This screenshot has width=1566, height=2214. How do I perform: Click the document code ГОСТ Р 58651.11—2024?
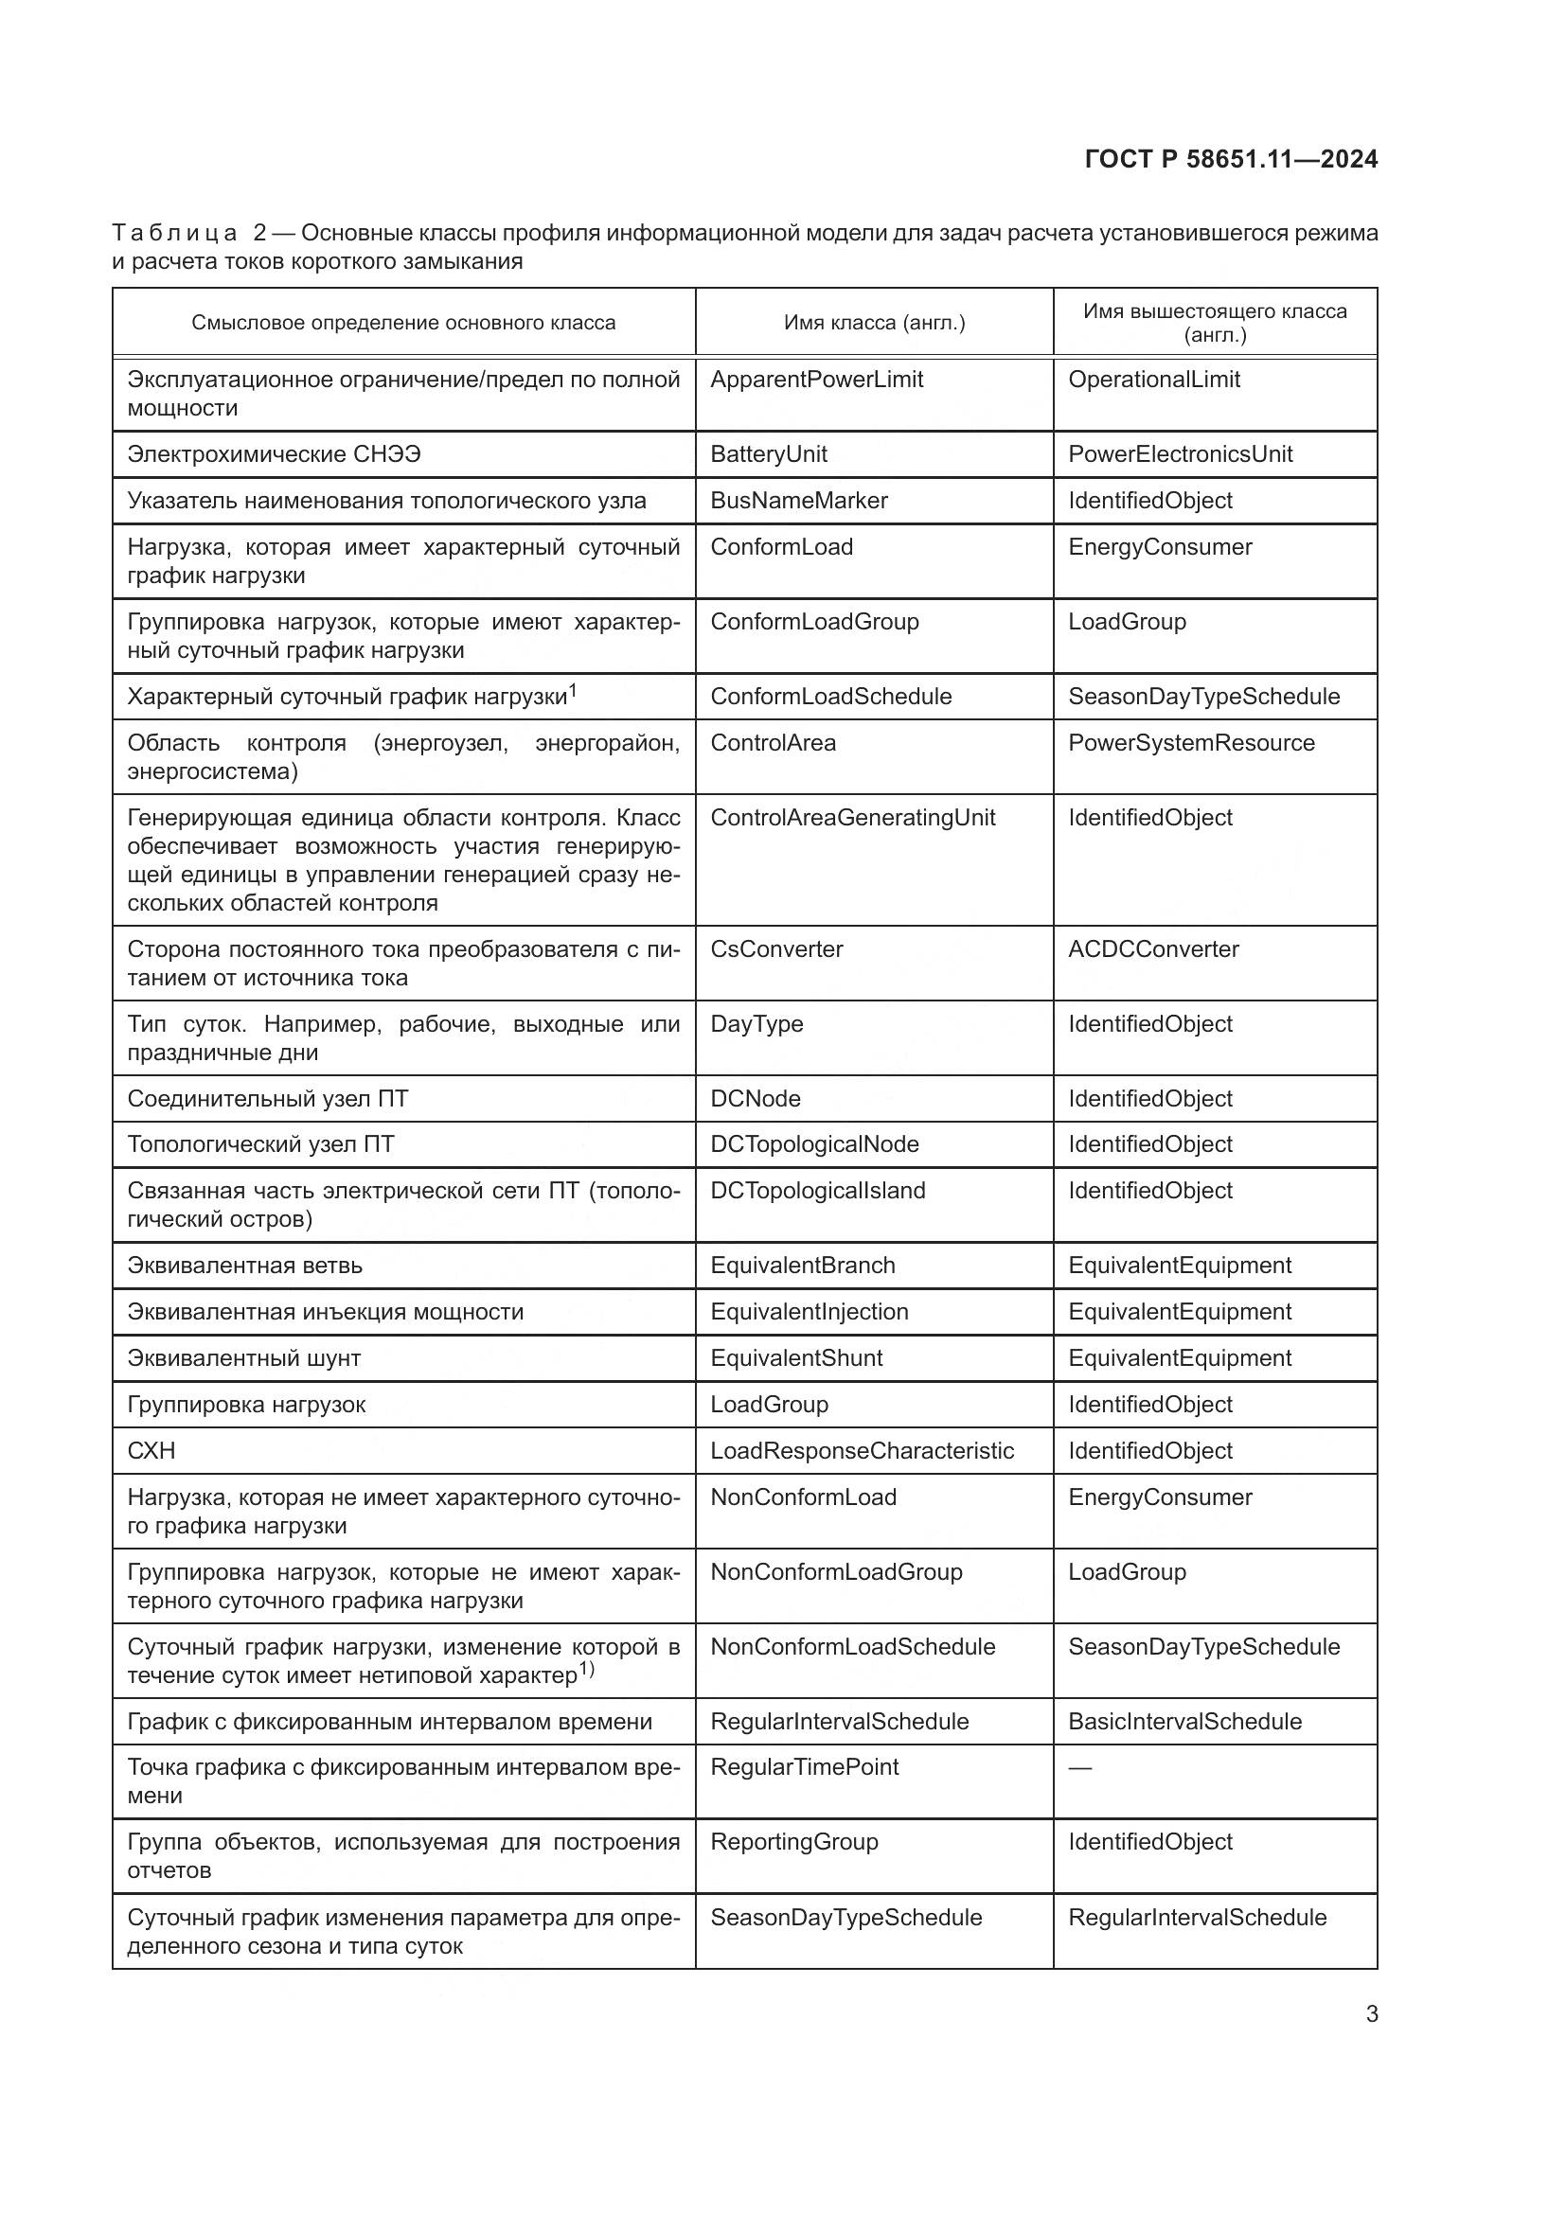click(1231, 159)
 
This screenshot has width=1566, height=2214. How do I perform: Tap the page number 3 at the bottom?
click(1371, 2014)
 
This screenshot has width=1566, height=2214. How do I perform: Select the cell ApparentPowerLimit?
click(816, 380)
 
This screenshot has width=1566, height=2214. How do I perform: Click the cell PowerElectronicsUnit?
click(1180, 454)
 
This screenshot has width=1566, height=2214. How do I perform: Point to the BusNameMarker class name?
click(798, 501)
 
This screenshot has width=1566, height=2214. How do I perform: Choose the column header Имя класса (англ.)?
click(874, 323)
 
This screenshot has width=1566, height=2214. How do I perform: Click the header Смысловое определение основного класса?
click(403, 323)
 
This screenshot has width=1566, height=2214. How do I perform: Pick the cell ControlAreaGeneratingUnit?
click(852, 818)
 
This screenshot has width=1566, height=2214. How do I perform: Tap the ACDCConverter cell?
click(1152, 948)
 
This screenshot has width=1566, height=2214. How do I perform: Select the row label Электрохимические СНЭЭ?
click(274, 454)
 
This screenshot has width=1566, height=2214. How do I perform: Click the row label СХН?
click(151, 1450)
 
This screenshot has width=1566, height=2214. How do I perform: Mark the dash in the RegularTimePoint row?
click(1080, 1767)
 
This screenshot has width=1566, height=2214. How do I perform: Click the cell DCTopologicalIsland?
click(817, 1191)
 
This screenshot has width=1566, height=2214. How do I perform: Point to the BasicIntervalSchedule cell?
click(1184, 1721)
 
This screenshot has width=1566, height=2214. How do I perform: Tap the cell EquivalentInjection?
click(809, 1311)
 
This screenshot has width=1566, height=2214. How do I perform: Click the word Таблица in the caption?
click(174, 234)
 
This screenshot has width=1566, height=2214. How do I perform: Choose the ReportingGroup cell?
click(793, 1842)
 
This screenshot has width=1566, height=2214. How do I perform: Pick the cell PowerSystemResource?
click(1191, 743)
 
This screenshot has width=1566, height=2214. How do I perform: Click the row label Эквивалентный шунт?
click(244, 1357)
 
